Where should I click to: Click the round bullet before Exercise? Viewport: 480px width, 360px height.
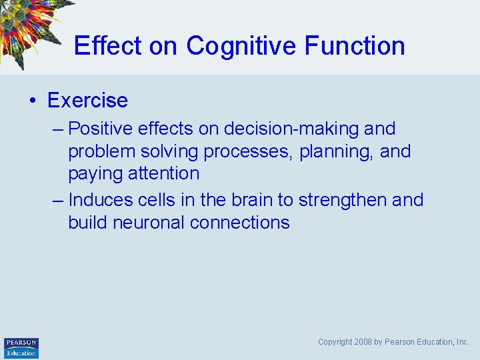pos(32,101)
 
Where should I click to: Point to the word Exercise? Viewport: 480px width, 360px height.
pos(87,101)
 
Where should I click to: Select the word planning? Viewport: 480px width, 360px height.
pos(336,151)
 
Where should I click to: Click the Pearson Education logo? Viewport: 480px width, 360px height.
pos(21,347)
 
